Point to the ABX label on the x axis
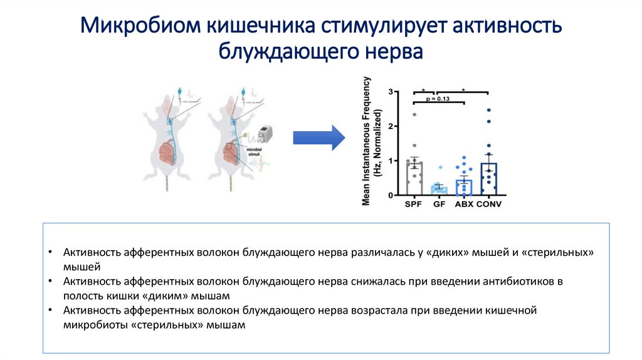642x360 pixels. click(x=463, y=204)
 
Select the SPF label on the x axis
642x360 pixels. click(x=414, y=204)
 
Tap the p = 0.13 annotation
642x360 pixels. click(x=439, y=98)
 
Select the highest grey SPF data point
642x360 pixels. click(x=414, y=114)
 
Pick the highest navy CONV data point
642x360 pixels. click(x=488, y=110)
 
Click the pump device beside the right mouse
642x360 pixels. click(x=263, y=134)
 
